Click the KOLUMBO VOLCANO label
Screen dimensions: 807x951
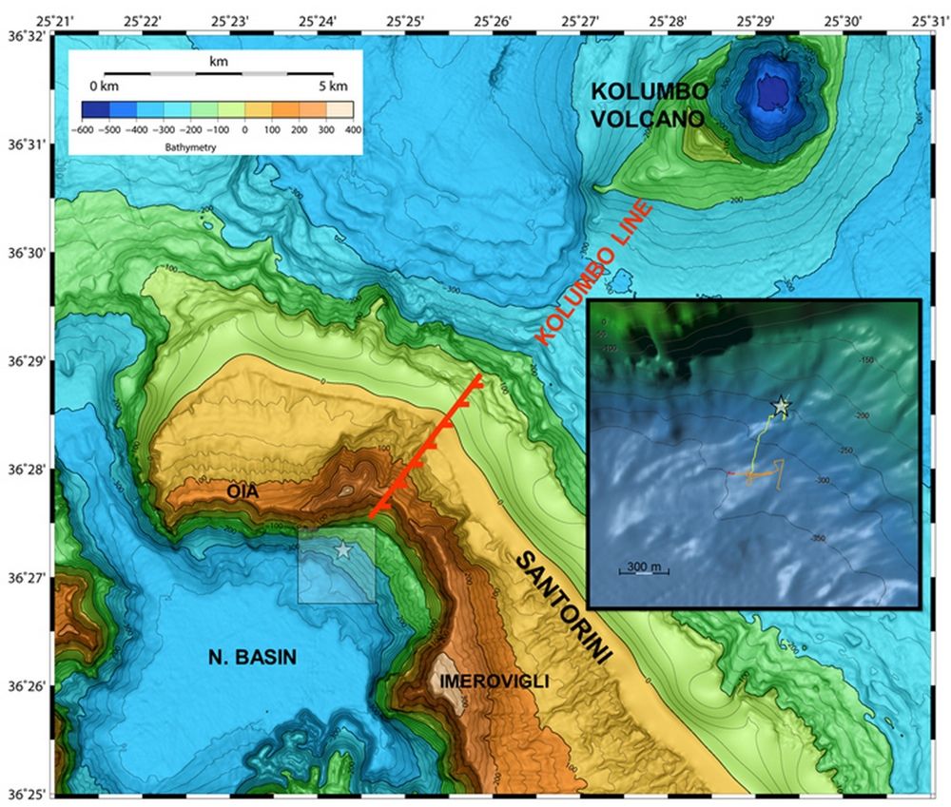coord(650,105)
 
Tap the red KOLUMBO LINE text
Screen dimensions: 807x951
coord(593,274)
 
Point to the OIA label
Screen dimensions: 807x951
coord(243,491)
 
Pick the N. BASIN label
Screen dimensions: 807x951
coord(251,656)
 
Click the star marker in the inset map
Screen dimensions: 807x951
coord(781,407)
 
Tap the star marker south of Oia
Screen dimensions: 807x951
coord(343,550)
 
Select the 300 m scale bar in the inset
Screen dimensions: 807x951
coord(644,568)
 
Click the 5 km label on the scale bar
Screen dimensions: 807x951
coord(333,87)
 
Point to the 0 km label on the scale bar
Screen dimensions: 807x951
coord(103,87)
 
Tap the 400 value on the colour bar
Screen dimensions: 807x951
coord(352,128)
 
